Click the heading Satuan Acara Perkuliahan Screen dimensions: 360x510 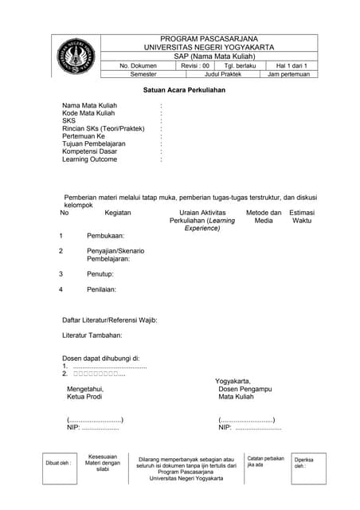184,91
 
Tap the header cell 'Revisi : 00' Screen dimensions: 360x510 195,65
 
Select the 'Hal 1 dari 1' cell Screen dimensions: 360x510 292,65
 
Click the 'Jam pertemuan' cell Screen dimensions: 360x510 292,74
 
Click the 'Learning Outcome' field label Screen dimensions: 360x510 89,159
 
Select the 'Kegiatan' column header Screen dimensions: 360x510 117,213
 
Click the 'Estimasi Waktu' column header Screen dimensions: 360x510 302,217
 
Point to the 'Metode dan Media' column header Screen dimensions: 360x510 264,217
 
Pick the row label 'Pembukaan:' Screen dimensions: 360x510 105,236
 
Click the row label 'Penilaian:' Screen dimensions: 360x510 102,289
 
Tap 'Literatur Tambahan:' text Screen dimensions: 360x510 97,335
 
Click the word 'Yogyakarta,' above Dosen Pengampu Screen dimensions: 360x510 233,381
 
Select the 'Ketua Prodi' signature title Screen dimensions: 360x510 84,397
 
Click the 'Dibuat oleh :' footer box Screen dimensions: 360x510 58,462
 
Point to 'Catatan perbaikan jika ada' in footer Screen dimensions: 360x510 265,461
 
